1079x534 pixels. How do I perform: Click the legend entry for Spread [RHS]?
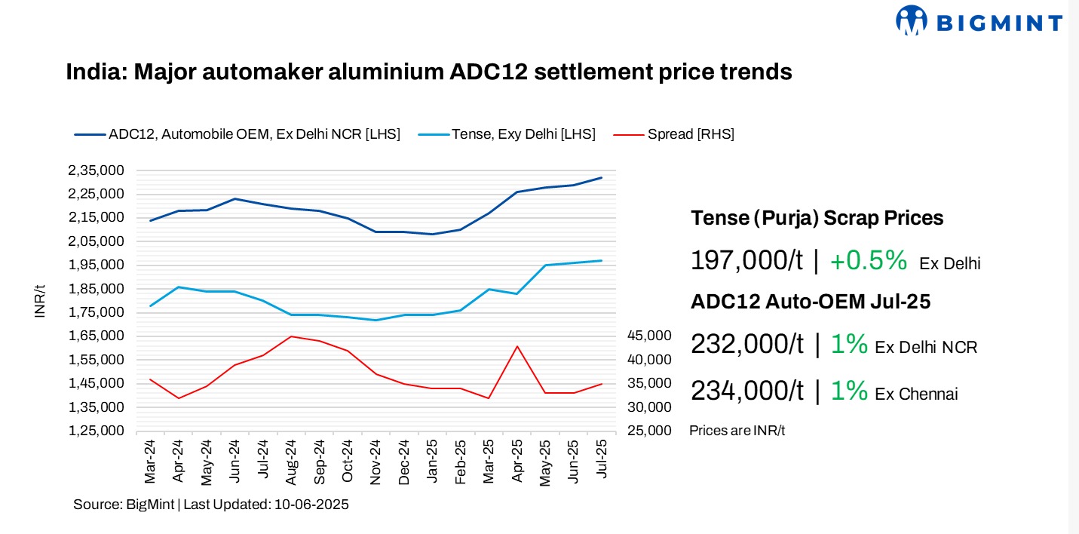691,134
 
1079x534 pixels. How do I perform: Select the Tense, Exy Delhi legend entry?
523,134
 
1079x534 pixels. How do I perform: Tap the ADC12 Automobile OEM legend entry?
254,134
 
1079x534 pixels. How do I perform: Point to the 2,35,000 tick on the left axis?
96,170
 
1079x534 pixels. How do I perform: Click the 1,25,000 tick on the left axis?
96,431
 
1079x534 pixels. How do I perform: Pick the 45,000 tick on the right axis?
648,336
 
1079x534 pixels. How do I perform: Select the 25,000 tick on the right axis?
648,431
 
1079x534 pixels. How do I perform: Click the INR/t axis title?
40,301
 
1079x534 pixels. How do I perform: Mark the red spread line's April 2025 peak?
517,346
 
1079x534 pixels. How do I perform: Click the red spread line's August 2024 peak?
290,336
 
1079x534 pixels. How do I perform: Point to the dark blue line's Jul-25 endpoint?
602,177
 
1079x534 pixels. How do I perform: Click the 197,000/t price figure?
746,261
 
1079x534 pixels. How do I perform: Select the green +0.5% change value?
868,261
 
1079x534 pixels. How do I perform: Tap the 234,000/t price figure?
746,391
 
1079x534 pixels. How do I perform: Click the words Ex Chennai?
916,394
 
